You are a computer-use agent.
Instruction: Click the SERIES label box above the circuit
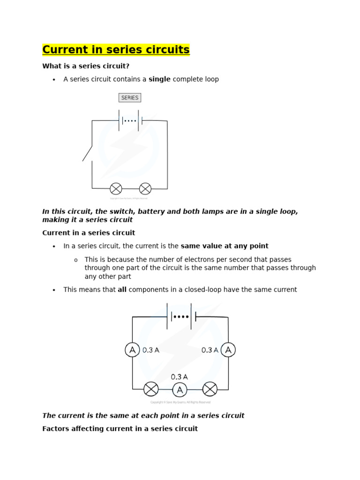pyautogui.click(x=130, y=97)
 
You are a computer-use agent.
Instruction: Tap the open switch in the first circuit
pyautogui.click(x=88, y=154)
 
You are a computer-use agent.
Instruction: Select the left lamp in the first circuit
pyautogui.click(x=116, y=188)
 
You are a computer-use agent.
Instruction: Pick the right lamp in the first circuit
pyautogui.click(x=145, y=188)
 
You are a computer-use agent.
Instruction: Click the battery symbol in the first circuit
pyautogui.click(x=130, y=120)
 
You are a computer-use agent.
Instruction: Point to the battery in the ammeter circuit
pyautogui.click(x=180, y=316)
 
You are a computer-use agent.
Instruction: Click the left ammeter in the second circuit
pyautogui.click(x=132, y=350)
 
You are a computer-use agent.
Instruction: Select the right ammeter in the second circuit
pyautogui.click(x=228, y=350)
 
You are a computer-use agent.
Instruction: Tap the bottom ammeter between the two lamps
pyautogui.click(x=180, y=390)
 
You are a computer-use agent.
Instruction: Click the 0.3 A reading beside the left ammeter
pyautogui.click(x=151, y=350)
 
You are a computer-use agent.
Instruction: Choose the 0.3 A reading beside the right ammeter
pyautogui.click(x=210, y=350)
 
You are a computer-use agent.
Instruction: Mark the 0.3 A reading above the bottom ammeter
pyautogui.click(x=180, y=376)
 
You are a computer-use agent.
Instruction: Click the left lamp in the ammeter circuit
pyautogui.click(x=150, y=389)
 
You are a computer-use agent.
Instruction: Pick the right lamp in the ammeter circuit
pyautogui.click(x=210, y=389)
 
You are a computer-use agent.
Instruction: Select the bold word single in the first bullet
pyautogui.click(x=159, y=79)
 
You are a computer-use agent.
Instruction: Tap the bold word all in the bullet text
pyautogui.click(x=122, y=290)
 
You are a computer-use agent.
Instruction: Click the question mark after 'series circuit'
pyautogui.click(x=127, y=66)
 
